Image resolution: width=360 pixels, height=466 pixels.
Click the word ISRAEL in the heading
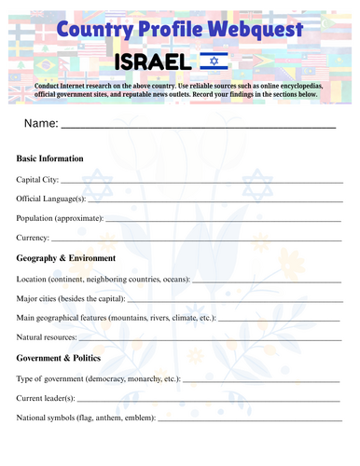153,62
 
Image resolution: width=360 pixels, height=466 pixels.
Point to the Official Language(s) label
51,199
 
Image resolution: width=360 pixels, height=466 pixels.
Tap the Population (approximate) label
60,218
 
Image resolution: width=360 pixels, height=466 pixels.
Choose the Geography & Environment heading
66,258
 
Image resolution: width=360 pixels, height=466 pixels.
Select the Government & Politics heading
62,358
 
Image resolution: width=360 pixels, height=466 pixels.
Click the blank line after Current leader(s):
213,401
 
